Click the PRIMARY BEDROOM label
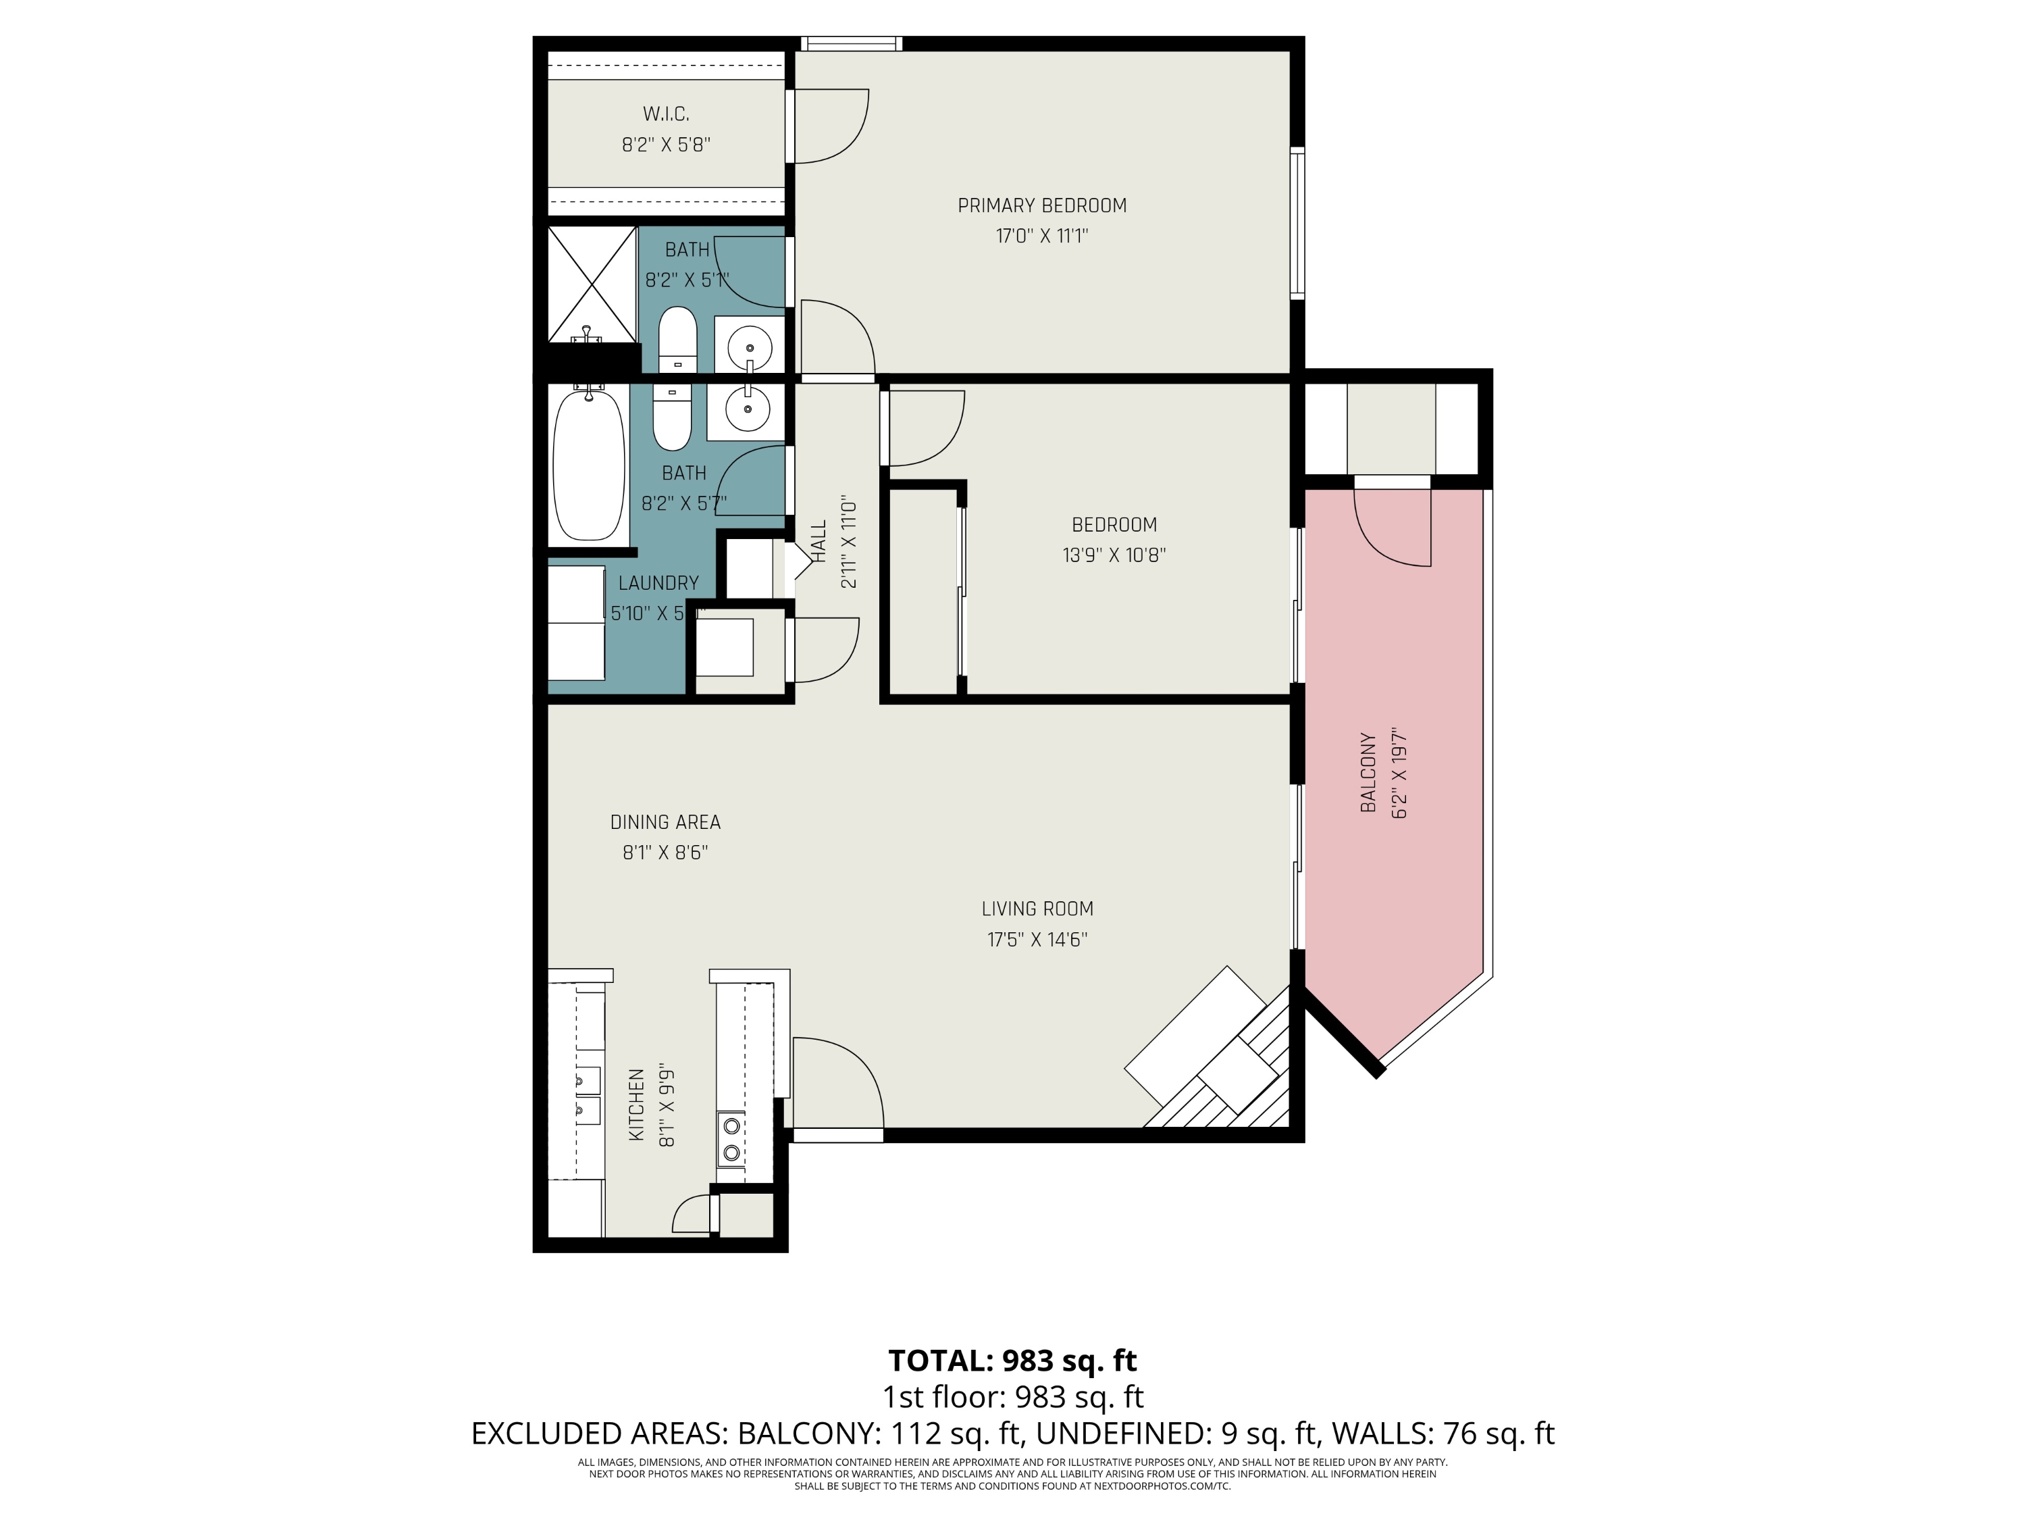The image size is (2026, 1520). (1041, 205)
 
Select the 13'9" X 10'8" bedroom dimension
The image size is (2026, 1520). (1114, 555)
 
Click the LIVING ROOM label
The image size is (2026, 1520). (1037, 909)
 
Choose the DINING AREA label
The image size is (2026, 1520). (665, 823)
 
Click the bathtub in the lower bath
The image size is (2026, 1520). (588, 465)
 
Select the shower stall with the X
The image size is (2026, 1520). (592, 284)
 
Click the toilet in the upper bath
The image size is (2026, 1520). (678, 337)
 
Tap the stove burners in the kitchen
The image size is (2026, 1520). (731, 1137)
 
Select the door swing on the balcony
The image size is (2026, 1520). (1392, 530)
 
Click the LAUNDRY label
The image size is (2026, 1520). (658, 583)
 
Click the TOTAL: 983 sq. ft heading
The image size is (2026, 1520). (1012, 1361)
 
